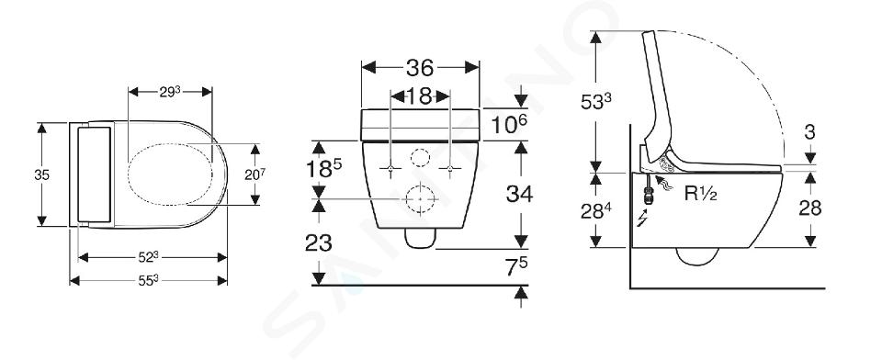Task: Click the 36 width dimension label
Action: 420,68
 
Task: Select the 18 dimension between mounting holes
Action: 420,96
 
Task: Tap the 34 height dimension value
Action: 519,194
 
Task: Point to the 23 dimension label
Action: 319,243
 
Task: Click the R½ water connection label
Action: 700,194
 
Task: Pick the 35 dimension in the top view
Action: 41,174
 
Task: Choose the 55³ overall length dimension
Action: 148,280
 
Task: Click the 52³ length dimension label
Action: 148,257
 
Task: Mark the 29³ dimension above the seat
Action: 169,91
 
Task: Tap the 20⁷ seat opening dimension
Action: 254,174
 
